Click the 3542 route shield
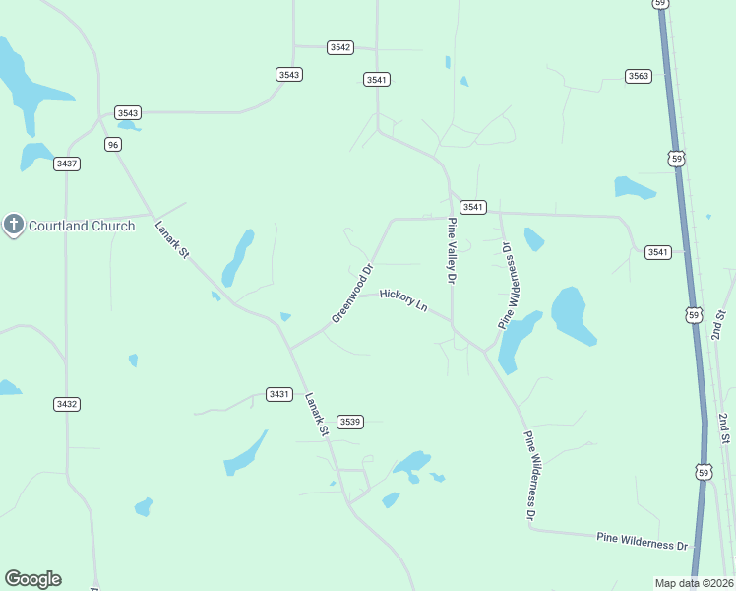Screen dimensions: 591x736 (340, 47)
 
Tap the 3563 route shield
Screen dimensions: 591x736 (639, 76)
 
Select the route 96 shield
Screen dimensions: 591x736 (113, 145)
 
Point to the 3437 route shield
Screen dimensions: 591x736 (67, 164)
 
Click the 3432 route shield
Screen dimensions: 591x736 (67, 404)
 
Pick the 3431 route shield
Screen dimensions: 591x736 (279, 394)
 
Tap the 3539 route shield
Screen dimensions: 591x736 (350, 422)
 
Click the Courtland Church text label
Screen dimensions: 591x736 (82, 226)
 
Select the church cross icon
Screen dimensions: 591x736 (14, 226)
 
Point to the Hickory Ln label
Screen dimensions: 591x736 (403, 300)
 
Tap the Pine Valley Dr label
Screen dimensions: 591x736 (453, 252)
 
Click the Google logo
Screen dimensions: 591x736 (32, 579)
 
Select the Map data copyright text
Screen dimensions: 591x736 (694, 583)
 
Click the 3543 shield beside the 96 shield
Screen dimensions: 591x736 (128, 113)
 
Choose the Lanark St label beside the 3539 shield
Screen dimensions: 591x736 (316, 415)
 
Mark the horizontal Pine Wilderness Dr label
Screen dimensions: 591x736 (642, 542)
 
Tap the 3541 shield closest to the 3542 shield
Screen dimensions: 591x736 (376, 79)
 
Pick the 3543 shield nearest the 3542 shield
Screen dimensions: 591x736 (289, 74)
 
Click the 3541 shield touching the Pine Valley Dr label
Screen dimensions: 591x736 (473, 207)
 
